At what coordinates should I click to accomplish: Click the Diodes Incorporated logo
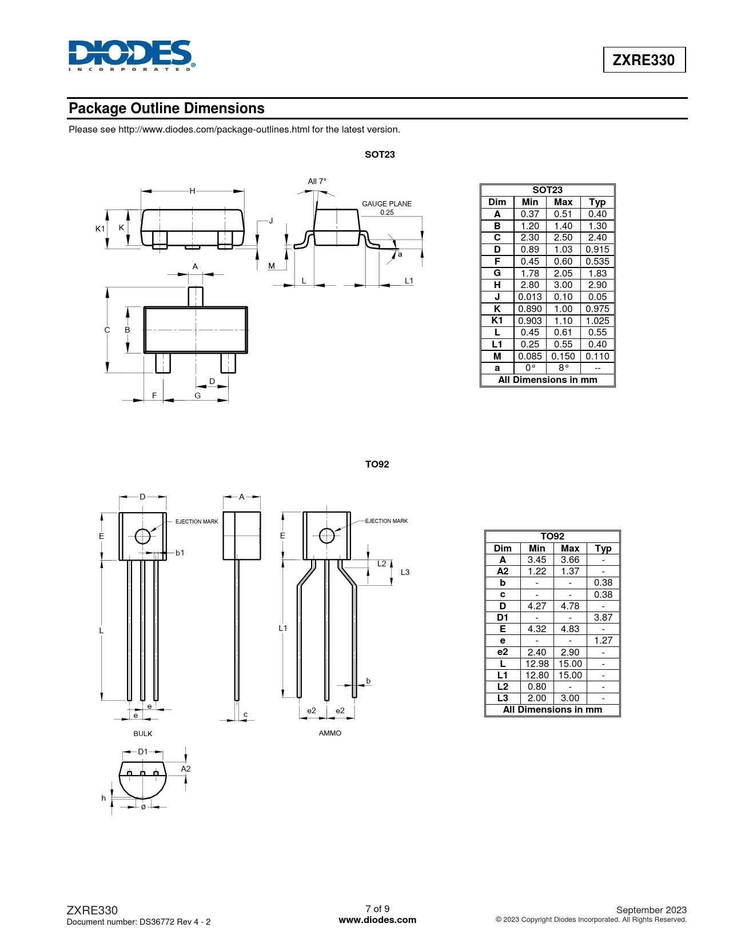coord(132,55)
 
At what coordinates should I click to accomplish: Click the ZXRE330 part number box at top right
coord(644,59)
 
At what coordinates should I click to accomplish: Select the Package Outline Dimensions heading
coord(166,108)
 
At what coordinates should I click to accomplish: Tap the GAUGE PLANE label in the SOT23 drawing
coord(387,203)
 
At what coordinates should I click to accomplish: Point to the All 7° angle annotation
coord(317,181)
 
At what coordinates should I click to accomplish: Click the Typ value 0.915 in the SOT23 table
coord(597,250)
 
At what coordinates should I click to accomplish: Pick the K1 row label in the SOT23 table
coord(497,321)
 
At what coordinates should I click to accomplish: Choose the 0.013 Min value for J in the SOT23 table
coord(529,297)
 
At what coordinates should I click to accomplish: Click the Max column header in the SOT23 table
coord(563,202)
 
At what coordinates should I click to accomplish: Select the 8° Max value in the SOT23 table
coord(563,368)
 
